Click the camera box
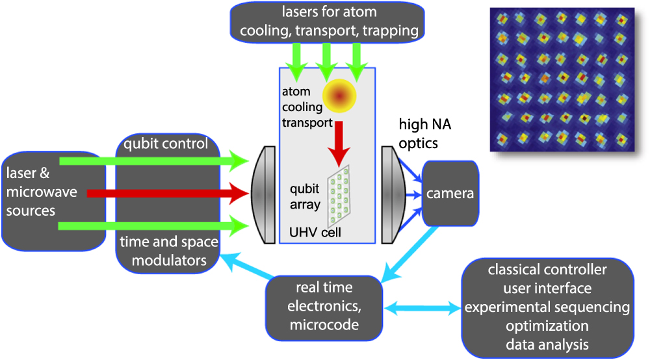coord(450,193)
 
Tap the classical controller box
coord(554,306)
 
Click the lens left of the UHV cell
coord(263,194)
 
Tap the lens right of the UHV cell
coord(390,194)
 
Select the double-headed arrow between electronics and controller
coord(422,305)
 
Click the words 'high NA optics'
coord(422,135)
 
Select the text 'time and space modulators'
coord(168,251)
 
